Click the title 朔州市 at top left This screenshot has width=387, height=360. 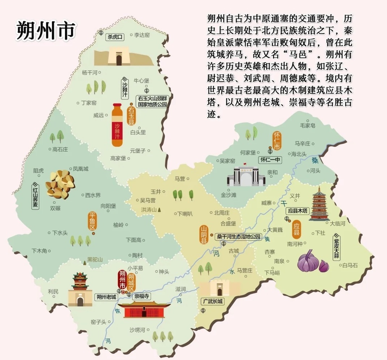click(x=46, y=31)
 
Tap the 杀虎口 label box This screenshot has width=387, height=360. click(x=115, y=37)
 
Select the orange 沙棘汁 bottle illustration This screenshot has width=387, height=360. click(x=117, y=125)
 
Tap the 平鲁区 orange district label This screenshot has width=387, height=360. click(x=92, y=221)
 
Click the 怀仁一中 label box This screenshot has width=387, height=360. click(x=270, y=160)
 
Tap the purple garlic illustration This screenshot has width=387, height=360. click(x=312, y=262)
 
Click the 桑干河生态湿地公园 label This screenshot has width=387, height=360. click(x=238, y=237)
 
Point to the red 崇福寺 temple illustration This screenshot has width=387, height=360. click(x=144, y=309)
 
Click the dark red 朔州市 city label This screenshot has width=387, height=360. click(x=122, y=280)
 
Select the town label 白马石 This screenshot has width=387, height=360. click(x=349, y=265)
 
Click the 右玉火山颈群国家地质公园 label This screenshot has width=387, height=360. click(x=152, y=101)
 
